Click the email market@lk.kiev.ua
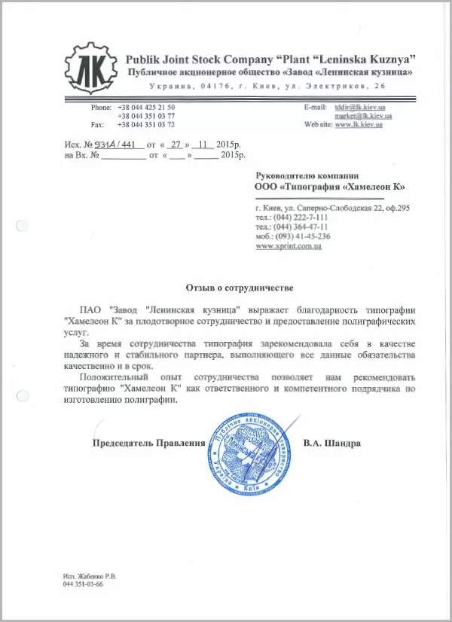point(357,116)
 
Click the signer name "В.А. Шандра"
point(332,444)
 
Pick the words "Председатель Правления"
point(148,444)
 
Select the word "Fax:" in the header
point(96,124)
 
